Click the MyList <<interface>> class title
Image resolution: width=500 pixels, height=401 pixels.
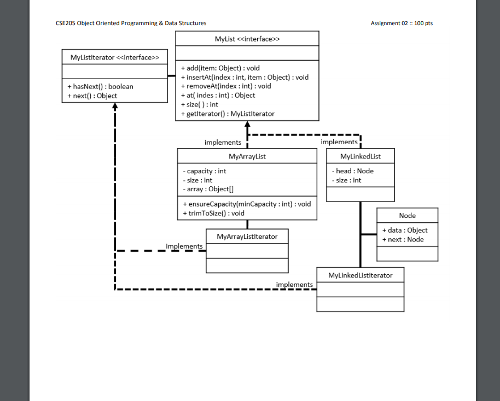(247, 39)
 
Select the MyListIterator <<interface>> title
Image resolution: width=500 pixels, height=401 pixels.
(115, 57)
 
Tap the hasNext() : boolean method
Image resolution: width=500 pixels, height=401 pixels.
(100, 86)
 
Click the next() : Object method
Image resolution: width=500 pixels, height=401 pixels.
(92, 96)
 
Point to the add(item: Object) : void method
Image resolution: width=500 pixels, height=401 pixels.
(220, 68)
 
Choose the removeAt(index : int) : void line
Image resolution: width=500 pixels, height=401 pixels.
(226, 86)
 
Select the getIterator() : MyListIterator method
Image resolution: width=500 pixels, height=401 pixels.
(228, 114)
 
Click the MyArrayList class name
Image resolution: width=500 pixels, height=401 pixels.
(247, 156)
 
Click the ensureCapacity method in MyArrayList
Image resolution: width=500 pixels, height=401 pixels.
(246, 204)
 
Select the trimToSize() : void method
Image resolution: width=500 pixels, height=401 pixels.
(213, 213)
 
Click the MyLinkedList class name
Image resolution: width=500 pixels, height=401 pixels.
(360, 156)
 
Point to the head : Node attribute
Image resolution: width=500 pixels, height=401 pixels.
(353, 171)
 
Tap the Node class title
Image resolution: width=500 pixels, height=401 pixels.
(407, 216)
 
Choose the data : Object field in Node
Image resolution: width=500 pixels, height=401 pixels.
(405, 230)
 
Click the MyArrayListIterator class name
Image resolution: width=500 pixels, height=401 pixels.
(247, 237)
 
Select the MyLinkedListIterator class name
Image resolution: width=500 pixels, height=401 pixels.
(360, 275)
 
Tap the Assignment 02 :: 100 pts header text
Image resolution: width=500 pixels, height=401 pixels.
(402, 23)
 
